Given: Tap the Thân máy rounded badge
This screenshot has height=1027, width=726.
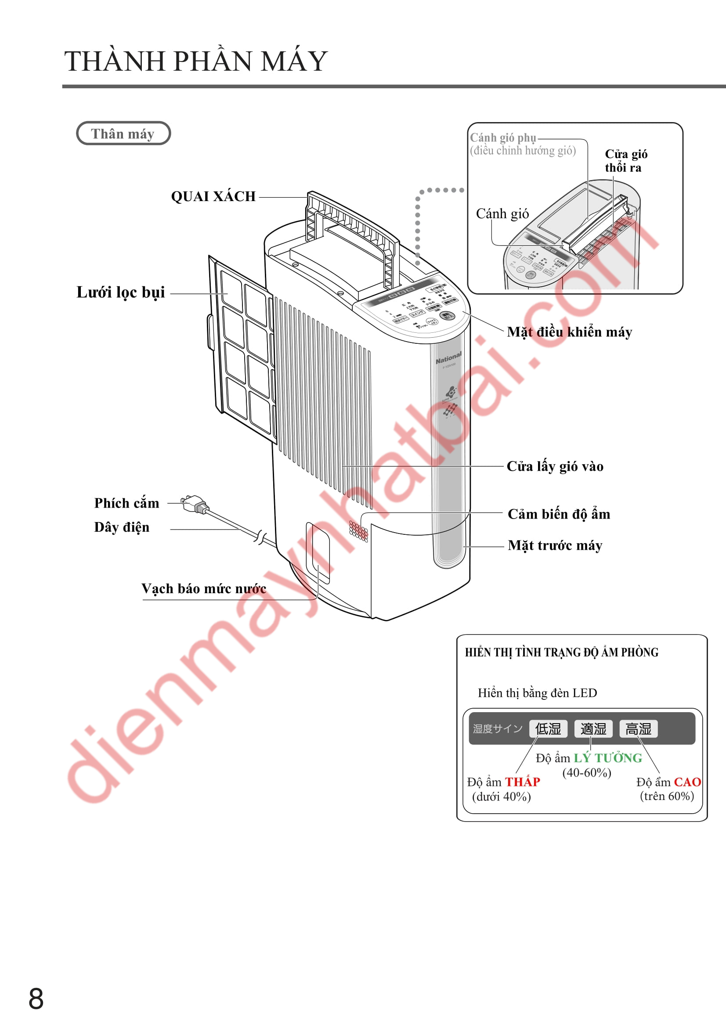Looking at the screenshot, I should pyautogui.click(x=123, y=133).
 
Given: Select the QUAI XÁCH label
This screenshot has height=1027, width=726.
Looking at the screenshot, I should pyautogui.click(x=213, y=196).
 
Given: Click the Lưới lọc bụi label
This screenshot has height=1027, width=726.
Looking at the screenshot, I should pyautogui.click(x=121, y=292).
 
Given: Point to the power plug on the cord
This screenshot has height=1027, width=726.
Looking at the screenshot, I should pyautogui.click(x=195, y=504).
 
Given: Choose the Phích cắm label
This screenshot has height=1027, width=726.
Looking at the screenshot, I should pyautogui.click(x=126, y=503).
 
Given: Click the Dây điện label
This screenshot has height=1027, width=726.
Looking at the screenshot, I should pyautogui.click(x=122, y=527).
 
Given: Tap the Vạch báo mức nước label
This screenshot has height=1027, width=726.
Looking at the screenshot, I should pyautogui.click(x=203, y=589).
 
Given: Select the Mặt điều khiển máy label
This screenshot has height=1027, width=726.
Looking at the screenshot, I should pyautogui.click(x=570, y=332).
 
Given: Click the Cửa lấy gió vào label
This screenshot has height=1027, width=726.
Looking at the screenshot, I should pyautogui.click(x=555, y=467).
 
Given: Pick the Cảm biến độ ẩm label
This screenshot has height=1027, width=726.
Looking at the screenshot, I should pyautogui.click(x=559, y=514).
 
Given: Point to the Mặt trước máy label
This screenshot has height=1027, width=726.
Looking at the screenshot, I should pyautogui.click(x=555, y=545).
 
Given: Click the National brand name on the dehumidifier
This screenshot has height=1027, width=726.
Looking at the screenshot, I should pyautogui.click(x=448, y=358).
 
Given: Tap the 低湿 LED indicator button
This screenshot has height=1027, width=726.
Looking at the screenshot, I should pyautogui.click(x=548, y=729).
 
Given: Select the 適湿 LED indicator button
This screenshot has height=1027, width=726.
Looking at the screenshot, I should pyautogui.click(x=593, y=729).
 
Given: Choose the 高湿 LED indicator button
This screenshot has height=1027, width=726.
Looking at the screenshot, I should pyautogui.click(x=638, y=729).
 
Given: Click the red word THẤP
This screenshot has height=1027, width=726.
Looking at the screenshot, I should pyautogui.click(x=523, y=782).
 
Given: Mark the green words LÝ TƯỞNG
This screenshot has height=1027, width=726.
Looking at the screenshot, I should pyautogui.click(x=608, y=758).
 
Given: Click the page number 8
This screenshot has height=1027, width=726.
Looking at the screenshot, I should pyautogui.click(x=36, y=998).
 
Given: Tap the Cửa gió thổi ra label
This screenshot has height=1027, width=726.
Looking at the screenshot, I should pyautogui.click(x=626, y=161).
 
